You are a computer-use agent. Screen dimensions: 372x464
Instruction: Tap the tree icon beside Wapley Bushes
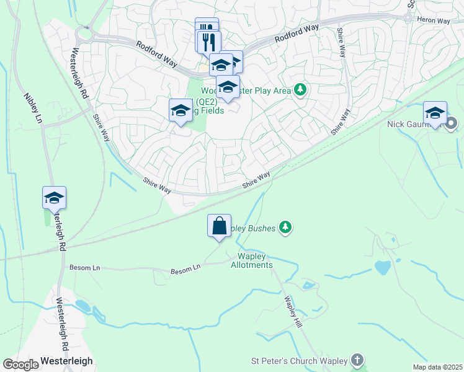click(x=285, y=228)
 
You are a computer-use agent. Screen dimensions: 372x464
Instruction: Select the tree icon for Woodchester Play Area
click(x=300, y=91)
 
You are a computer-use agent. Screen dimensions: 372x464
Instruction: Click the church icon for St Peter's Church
click(x=357, y=360)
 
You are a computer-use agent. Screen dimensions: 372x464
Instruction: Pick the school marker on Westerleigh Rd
click(x=54, y=198)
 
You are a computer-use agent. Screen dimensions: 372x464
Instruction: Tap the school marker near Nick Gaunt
click(x=435, y=113)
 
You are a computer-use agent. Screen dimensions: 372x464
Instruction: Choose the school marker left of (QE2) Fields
click(x=181, y=110)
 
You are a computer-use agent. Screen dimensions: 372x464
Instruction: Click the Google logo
click(x=20, y=365)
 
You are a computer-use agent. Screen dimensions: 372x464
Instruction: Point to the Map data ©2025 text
click(x=437, y=367)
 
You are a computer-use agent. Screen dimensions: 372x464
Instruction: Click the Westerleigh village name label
click(x=66, y=361)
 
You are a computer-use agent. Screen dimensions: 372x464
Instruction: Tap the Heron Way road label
click(x=434, y=20)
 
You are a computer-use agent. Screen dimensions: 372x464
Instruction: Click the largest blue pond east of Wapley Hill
click(x=383, y=267)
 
